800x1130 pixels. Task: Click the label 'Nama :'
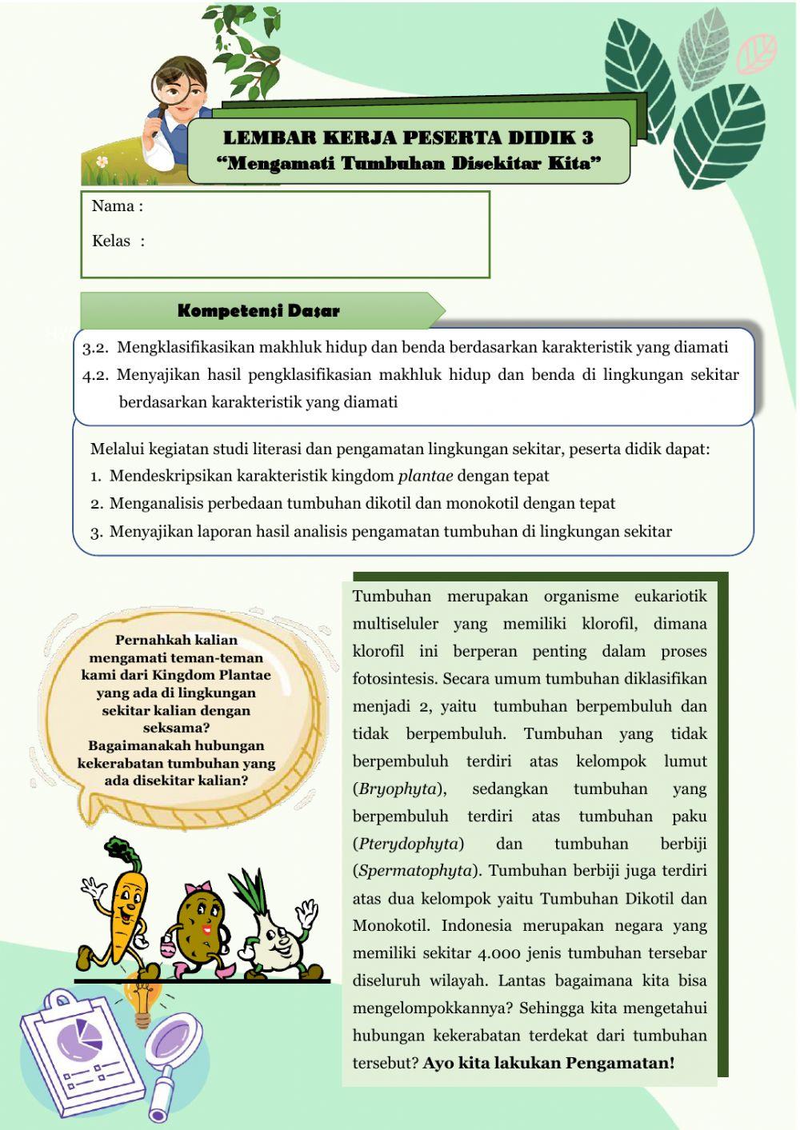117,206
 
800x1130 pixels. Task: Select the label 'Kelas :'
118,241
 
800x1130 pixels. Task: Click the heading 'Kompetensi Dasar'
258,311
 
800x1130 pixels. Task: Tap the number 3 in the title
588,137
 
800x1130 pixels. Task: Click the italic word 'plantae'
425,476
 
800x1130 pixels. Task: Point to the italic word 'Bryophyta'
398,789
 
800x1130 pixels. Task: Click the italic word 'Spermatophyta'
415,871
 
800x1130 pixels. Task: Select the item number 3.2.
95,348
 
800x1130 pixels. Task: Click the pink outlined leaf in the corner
755,53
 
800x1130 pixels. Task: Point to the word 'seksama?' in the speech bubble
176,728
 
